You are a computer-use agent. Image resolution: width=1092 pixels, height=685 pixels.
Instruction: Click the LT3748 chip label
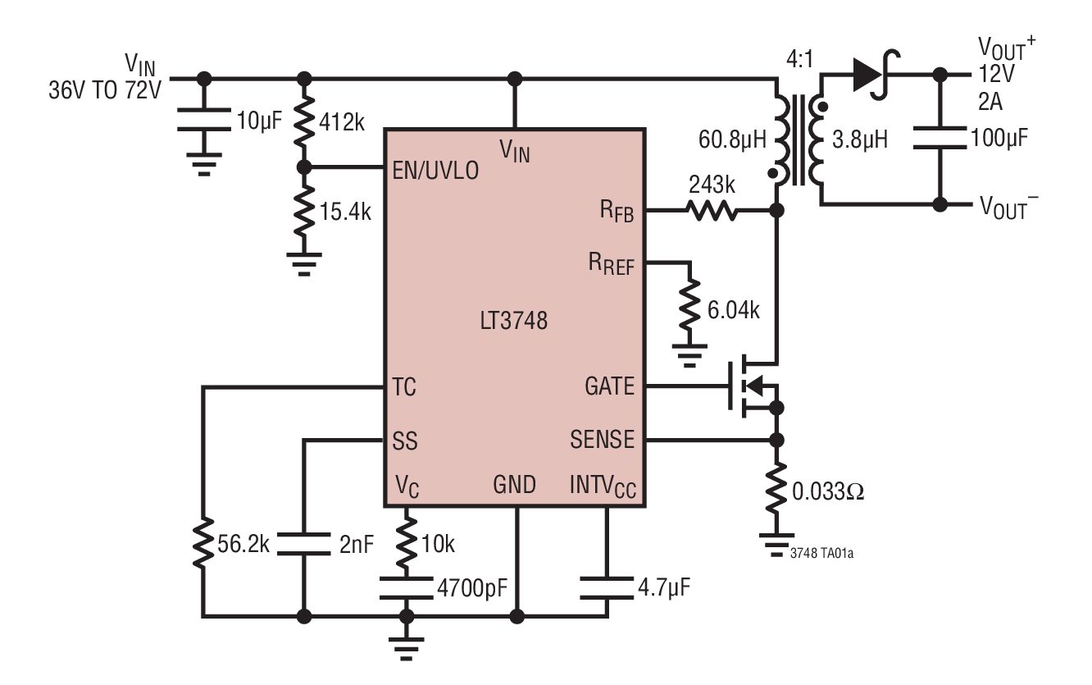(x=514, y=322)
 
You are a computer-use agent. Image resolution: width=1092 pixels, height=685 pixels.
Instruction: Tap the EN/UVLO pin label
(x=434, y=169)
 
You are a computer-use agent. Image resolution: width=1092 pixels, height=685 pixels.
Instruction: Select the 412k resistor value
(x=343, y=123)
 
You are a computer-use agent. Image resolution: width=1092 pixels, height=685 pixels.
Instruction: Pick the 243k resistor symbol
(x=712, y=212)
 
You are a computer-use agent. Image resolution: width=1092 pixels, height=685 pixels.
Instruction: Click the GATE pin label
(x=609, y=386)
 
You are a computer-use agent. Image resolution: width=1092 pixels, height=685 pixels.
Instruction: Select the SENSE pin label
(x=602, y=440)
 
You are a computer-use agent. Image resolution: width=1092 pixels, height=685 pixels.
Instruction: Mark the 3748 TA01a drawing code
(x=825, y=552)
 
